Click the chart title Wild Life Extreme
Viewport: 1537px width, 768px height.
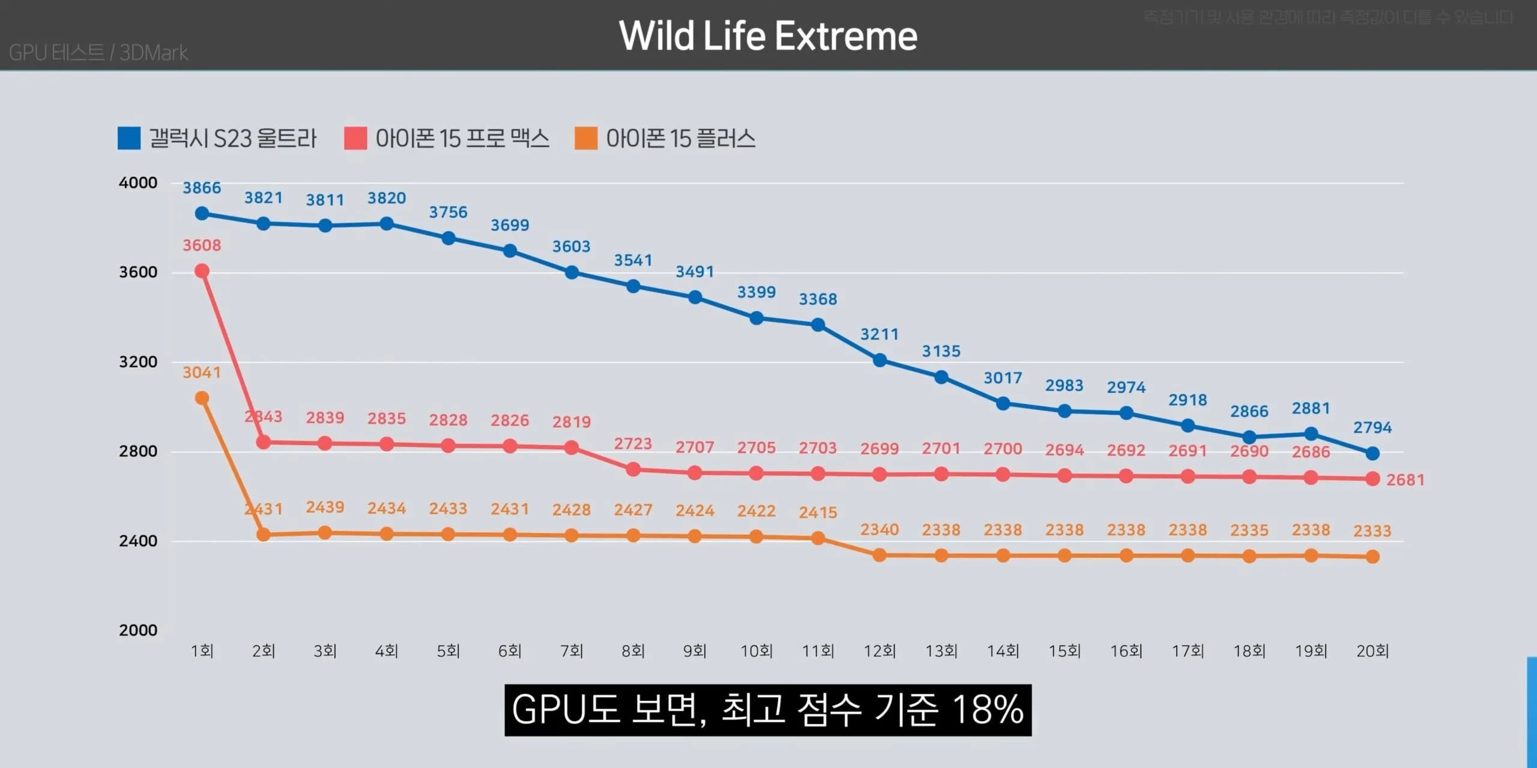click(768, 36)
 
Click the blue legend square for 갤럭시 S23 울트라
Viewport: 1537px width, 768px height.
click(129, 138)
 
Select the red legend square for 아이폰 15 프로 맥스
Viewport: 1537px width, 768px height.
click(355, 138)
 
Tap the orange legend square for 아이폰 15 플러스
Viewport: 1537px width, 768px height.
click(585, 138)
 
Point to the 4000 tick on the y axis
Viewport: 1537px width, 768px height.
click(138, 183)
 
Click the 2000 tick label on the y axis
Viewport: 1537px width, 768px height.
click(138, 631)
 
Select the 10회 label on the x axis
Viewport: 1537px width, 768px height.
click(756, 651)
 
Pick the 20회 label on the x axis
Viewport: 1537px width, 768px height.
click(1372, 651)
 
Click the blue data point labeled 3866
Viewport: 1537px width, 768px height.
click(202, 214)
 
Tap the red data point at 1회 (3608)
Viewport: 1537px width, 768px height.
click(202, 271)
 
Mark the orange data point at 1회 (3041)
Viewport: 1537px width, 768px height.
click(202, 398)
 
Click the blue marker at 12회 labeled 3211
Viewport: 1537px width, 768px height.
click(880, 360)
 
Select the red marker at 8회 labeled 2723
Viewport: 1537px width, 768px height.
click(633, 469)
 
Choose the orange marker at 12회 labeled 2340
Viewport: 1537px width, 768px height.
click(880, 555)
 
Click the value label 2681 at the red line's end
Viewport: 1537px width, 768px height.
click(1405, 480)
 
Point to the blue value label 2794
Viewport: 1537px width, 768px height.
click(1372, 428)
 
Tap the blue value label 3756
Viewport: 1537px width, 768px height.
click(448, 212)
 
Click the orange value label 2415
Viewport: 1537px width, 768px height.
click(818, 512)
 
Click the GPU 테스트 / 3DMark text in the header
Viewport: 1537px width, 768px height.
click(98, 53)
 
